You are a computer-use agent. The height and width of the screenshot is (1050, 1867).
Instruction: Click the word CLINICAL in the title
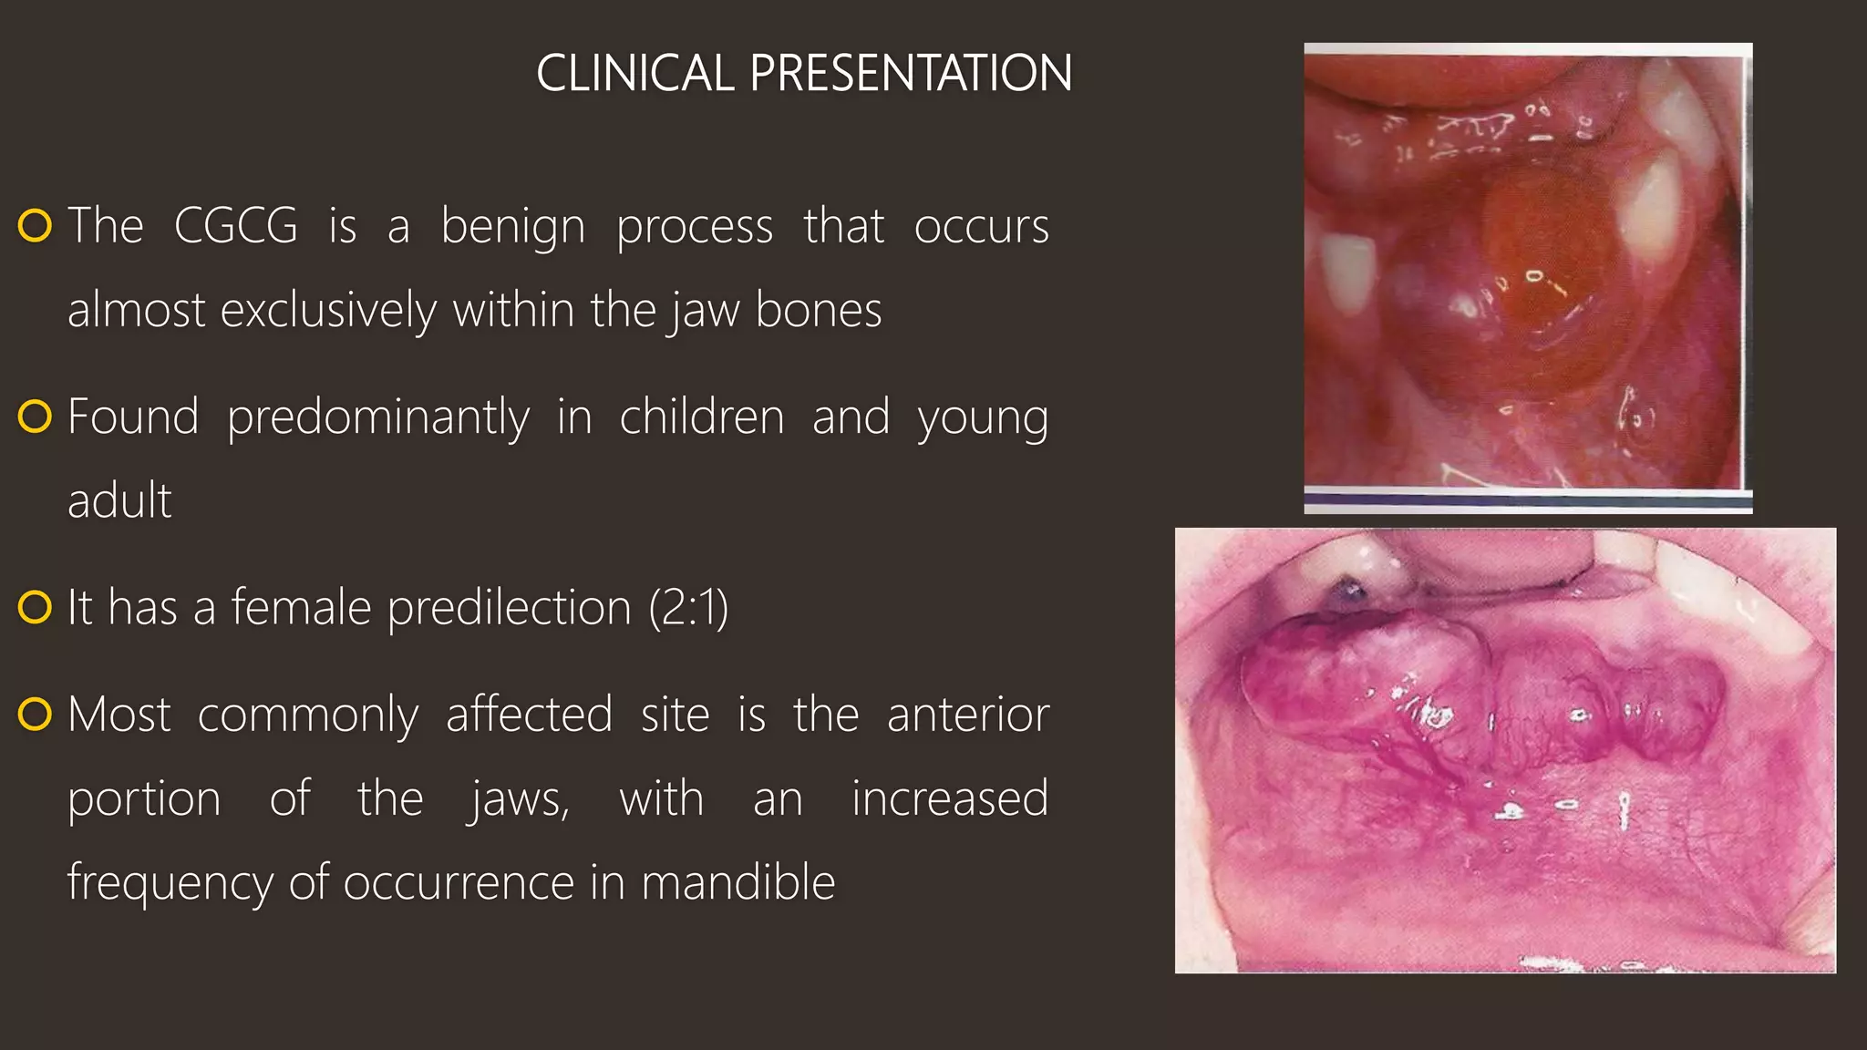coord(634,73)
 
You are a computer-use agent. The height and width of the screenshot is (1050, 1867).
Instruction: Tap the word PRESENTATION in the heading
coord(911,73)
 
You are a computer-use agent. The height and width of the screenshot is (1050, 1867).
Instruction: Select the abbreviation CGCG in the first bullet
coord(235,225)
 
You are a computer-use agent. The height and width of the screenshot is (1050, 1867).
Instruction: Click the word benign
coord(512,226)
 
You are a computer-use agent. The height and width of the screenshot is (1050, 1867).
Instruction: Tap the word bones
coord(819,310)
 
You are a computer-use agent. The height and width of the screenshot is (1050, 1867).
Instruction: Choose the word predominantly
coord(377,417)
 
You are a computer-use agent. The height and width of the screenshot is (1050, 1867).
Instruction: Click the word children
coord(701,417)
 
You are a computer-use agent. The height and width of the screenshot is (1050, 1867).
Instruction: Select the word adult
coord(119,500)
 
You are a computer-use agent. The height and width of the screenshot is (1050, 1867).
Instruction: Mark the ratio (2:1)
coord(688,607)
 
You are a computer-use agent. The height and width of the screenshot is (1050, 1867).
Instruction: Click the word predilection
coord(509,607)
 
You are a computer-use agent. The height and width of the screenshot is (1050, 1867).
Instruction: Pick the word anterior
coord(968,714)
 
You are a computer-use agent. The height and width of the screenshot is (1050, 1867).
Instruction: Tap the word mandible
coord(738,882)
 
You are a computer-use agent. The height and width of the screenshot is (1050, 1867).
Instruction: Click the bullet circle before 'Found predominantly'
coord(35,417)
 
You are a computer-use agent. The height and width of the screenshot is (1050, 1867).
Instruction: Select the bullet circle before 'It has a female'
coord(35,607)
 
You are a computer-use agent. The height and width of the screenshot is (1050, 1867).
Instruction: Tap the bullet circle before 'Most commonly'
coord(35,715)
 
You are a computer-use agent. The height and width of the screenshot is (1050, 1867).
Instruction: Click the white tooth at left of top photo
coord(1346,273)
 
